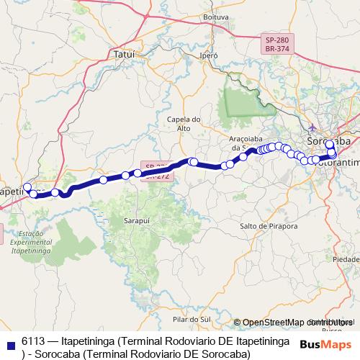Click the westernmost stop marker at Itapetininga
pos(27,187)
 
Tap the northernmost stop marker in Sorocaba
pos(329,144)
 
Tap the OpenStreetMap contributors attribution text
pos(294,322)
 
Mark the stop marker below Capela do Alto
pos(192,161)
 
